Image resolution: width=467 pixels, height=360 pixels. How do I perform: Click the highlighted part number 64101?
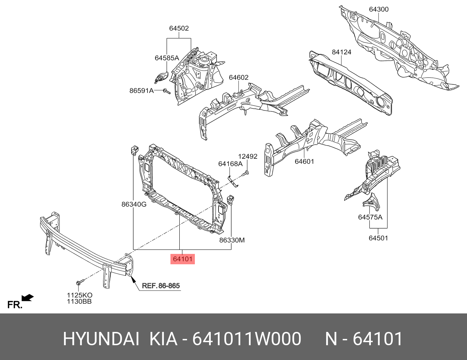click(x=183, y=259)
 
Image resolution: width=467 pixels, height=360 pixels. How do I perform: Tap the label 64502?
click(x=179, y=28)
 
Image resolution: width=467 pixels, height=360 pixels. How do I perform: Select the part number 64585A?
click(x=167, y=58)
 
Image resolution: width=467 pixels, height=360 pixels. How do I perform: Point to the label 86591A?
click(x=141, y=91)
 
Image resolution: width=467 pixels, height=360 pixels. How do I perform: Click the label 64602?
click(x=238, y=77)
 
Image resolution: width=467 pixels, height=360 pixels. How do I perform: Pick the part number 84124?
click(x=341, y=52)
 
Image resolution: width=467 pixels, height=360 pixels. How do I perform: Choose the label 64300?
click(x=379, y=9)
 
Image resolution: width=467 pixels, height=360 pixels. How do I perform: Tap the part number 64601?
click(x=304, y=162)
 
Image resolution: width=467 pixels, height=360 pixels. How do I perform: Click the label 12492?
click(x=247, y=156)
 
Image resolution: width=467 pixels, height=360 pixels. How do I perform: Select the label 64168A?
click(x=230, y=164)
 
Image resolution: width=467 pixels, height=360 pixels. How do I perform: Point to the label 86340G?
click(x=134, y=204)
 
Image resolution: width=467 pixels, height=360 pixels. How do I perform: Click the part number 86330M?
click(x=232, y=240)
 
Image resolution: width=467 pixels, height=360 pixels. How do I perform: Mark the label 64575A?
click(x=370, y=217)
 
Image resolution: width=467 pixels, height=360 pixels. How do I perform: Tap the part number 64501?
click(x=378, y=238)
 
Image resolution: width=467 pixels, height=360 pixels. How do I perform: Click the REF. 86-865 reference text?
click(x=161, y=286)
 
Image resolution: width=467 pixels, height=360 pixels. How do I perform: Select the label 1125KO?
click(x=79, y=295)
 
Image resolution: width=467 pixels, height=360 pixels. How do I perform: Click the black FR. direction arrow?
click(x=28, y=298)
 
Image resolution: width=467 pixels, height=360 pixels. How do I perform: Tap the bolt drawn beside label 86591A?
click(x=166, y=91)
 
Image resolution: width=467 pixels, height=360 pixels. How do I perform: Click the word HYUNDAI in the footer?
click(x=101, y=339)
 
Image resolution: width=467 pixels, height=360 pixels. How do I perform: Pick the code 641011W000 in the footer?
click(x=247, y=339)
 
